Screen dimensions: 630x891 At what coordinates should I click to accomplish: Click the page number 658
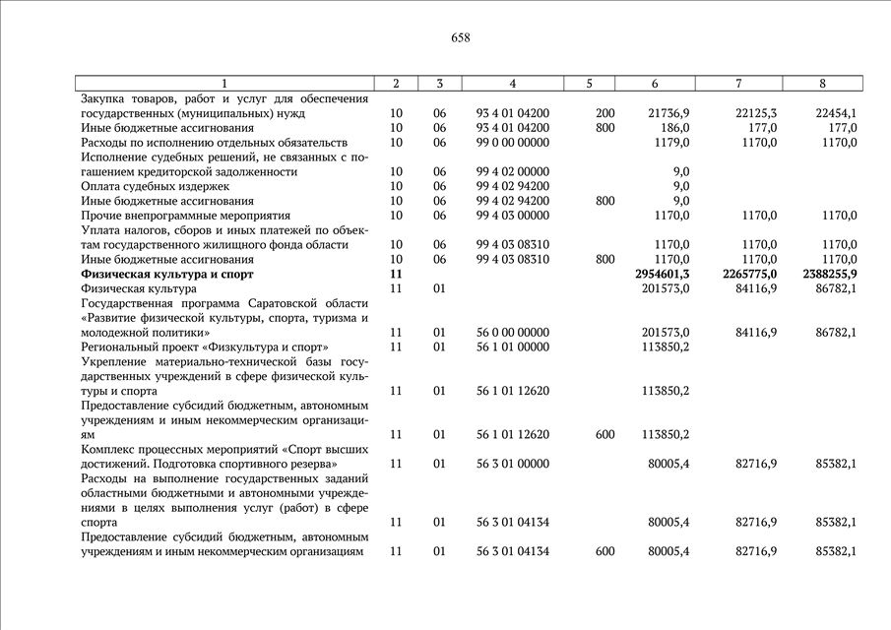click(460, 38)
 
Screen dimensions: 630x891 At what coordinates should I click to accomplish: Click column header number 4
click(512, 84)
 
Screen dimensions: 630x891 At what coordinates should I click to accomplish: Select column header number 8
click(822, 84)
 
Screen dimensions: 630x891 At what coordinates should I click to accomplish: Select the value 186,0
click(675, 128)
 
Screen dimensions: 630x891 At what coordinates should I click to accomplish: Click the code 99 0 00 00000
click(512, 143)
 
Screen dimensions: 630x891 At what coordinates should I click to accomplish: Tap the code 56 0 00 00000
click(512, 333)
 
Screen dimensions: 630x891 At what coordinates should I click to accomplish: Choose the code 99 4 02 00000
click(512, 172)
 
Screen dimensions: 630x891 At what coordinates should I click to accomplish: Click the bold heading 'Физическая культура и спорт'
click(167, 274)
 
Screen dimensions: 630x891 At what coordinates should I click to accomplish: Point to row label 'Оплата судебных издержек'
click(155, 186)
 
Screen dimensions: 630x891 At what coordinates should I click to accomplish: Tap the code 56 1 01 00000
click(512, 347)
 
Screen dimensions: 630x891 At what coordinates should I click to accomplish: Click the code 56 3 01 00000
click(512, 464)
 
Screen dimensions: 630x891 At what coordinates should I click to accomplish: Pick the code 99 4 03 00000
click(512, 215)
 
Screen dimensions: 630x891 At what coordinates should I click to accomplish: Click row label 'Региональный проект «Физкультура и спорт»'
click(205, 347)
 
